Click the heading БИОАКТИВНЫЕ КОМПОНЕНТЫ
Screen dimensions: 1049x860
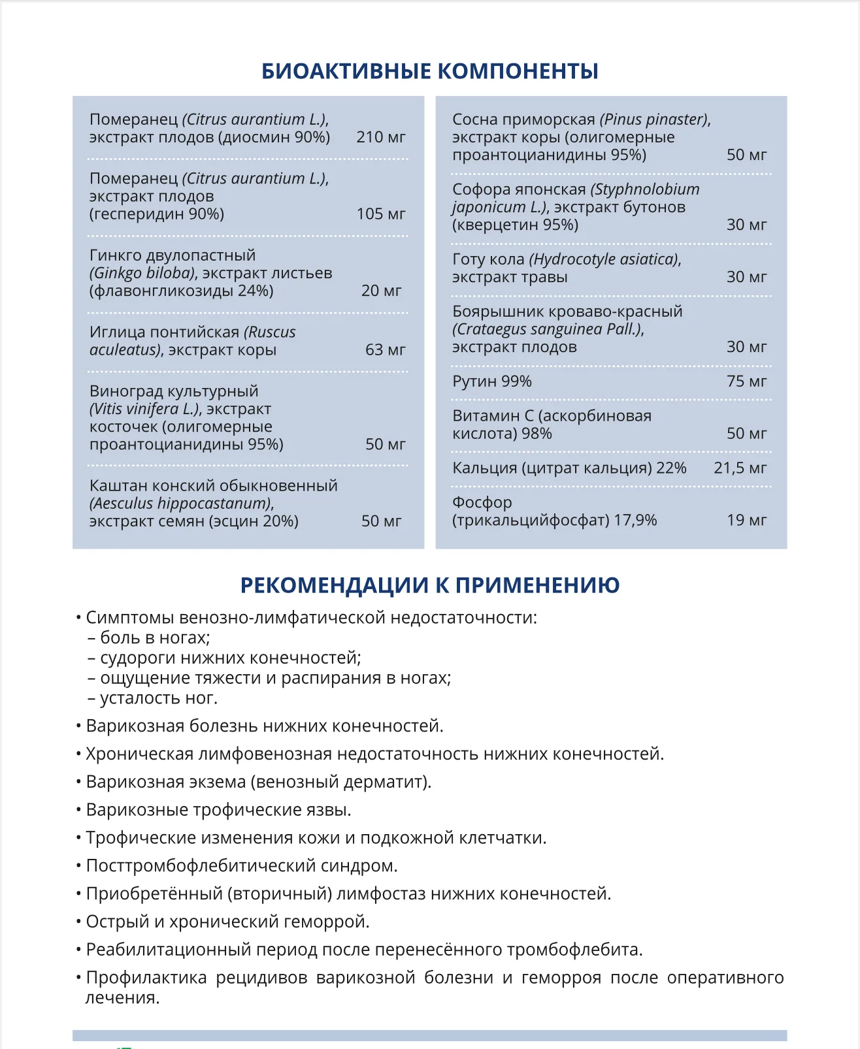tap(429, 71)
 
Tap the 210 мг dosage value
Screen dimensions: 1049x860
tap(381, 137)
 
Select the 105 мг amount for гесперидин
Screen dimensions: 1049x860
tap(381, 214)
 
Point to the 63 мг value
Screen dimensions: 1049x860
tap(385, 350)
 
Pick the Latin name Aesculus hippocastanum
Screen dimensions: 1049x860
tap(181, 504)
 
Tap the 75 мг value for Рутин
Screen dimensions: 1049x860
tap(746, 381)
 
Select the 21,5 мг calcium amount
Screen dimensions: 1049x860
tap(740, 468)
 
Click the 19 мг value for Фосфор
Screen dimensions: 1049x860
tap(746, 521)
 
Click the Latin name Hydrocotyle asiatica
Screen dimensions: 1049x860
tap(604, 259)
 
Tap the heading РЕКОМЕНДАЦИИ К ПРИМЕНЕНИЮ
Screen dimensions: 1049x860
tap(429, 585)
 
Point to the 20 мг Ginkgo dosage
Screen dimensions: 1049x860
tap(381, 291)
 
